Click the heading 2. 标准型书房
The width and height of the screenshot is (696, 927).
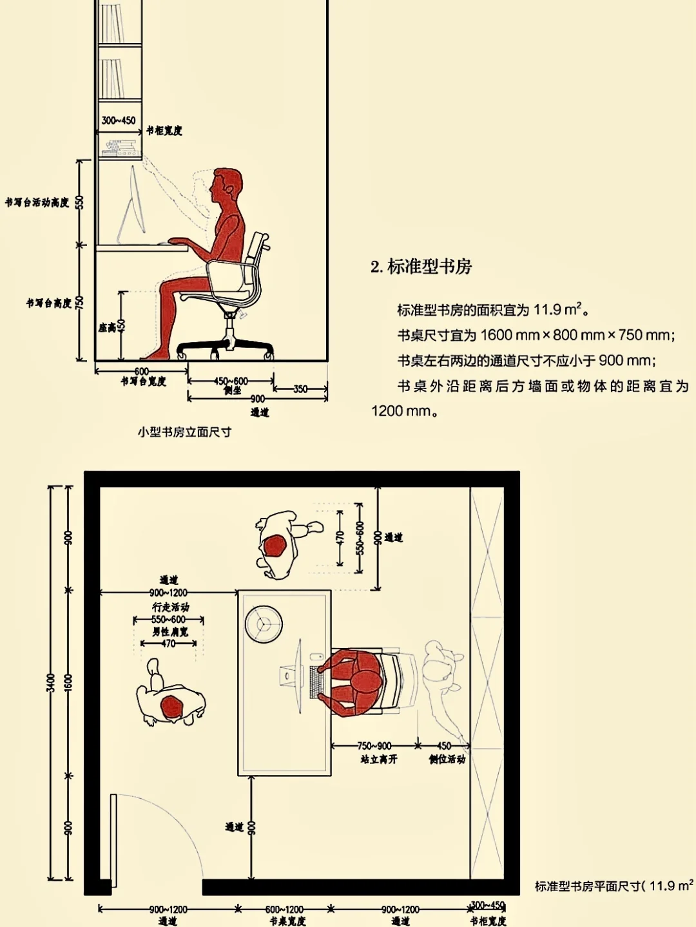(421, 267)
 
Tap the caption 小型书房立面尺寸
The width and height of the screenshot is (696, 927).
(184, 432)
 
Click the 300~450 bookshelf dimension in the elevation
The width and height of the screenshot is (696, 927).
(119, 120)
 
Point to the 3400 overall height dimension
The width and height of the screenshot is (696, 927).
(51, 683)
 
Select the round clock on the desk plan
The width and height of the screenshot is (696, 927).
(264, 624)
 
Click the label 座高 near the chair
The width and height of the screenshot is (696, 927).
(106, 328)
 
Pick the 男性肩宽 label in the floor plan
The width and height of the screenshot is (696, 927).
(170, 632)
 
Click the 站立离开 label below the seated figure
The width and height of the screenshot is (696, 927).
(379, 760)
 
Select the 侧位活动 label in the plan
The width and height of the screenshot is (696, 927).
(447, 760)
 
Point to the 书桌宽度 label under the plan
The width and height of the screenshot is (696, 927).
(287, 921)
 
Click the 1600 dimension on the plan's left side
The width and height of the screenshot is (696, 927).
(69, 683)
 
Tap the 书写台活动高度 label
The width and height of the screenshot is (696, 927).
(37, 203)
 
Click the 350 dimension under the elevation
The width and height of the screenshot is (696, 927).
(300, 389)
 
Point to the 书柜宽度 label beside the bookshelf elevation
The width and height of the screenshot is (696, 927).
(164, 131)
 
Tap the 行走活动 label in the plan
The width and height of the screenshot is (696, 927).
(170, 607)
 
